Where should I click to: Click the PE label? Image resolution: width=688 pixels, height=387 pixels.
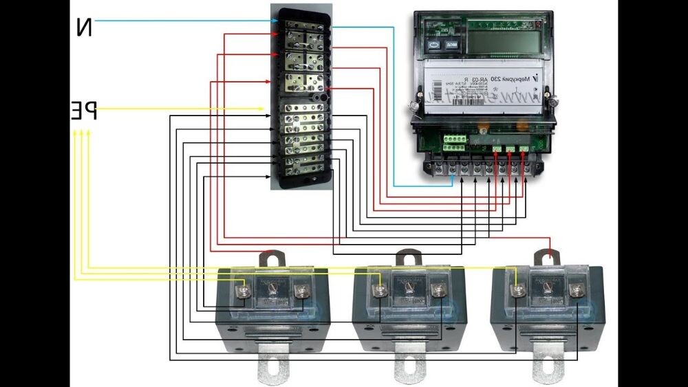83,111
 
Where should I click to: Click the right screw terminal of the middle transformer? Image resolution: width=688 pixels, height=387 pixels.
437,291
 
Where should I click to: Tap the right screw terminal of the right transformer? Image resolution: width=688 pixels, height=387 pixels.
574,291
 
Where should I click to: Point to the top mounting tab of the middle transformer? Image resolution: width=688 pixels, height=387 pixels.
409,260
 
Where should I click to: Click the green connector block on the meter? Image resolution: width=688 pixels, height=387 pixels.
455,142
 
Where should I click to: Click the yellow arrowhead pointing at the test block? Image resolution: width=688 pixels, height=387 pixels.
261,109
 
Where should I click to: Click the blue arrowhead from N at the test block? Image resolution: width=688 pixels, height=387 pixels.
273,21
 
